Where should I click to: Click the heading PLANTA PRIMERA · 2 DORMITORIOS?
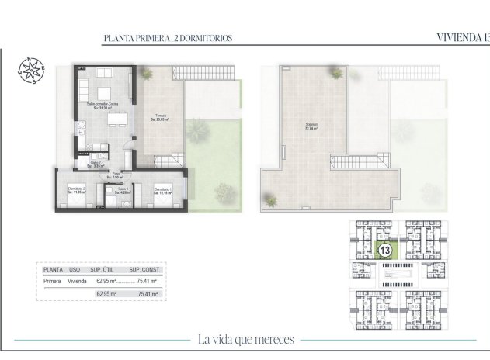pyautogui.click(x=168, y=37)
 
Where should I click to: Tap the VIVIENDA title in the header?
pyautogui.click(x=461, y=37)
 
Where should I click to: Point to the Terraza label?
pyautogui.click(x=159, y=118)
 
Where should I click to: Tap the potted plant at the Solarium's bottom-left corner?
pyautogui.click(x=271, y=200)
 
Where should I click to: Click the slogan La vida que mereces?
pyautogui.click(x=245, y=339)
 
